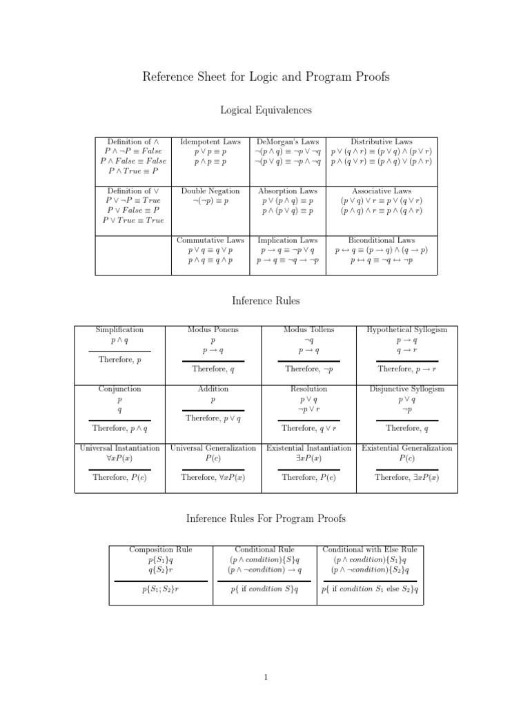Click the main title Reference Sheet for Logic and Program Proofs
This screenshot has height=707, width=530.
click(x=266, y=77)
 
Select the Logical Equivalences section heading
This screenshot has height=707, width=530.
click(x=266, y=110)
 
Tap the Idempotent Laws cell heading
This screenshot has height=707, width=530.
click(x=210, y=142)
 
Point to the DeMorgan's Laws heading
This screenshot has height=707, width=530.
click(x=287, y=142)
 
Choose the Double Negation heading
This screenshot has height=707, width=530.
click(x=210, y=191)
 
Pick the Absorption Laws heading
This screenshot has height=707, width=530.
click(x=287, y=191)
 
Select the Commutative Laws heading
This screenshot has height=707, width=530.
click(x=210, y=240)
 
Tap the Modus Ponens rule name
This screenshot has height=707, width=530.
click(x=213, y=330)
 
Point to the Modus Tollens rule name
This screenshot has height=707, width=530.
click(x=308, y=330)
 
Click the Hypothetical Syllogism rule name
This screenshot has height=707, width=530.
click(x=407, y=330)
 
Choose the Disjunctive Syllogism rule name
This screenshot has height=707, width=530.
click(x=407, y=389)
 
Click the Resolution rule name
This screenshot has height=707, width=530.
click(x=308, y=389)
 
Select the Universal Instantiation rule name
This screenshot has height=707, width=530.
click(x=119, y=448)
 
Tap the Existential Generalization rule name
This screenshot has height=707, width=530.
click(x=407, y=448)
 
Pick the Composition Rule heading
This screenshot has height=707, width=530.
click(x=161, y=550)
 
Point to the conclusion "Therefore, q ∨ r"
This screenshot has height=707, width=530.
click(x=308, y=429)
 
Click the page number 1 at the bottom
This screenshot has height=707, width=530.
click(x=266, y=677)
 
